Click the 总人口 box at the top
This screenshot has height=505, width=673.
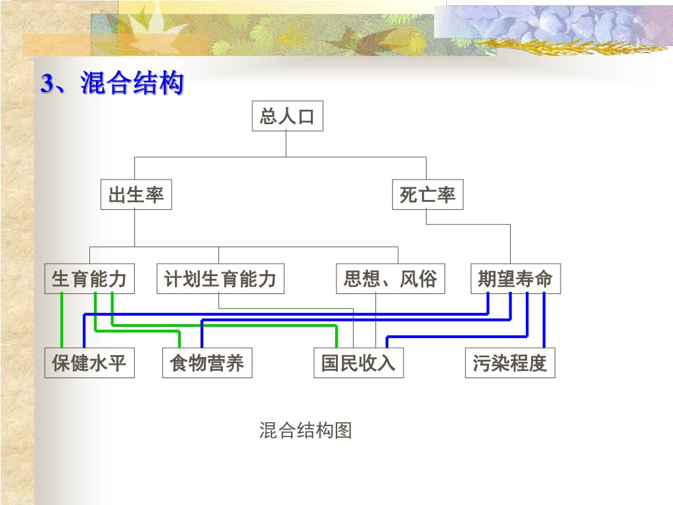(x=287, y=117)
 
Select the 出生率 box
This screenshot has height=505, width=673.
(x=136, y=195)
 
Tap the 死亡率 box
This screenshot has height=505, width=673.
(x=427, y=195)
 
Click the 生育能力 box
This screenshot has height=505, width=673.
(x=89, y=279)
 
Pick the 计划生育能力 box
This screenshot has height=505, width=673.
(x=220, y=279)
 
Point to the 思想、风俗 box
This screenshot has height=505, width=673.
(x=390, y=279)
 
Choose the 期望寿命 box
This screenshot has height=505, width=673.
(x=515, y=279)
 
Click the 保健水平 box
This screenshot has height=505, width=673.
(x=89, y=363)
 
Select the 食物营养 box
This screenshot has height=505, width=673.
(x=206, y=363)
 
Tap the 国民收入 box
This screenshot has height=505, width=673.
(x=358, y=363)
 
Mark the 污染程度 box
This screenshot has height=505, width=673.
(x=510, y=363)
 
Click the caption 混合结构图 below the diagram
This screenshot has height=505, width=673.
(x=306, y=431)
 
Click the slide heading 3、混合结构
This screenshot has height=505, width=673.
(x=112, y=84)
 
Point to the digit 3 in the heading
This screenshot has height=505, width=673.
(x=47, y=84)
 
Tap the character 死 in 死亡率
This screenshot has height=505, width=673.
(x=409, y=195)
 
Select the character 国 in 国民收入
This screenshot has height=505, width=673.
(x=330, y=363)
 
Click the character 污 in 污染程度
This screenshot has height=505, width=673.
(x=482, y=363)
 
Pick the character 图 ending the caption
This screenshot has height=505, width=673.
(x=343, y=431)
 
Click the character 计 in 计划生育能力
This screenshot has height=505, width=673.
(x=173, y=279)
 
